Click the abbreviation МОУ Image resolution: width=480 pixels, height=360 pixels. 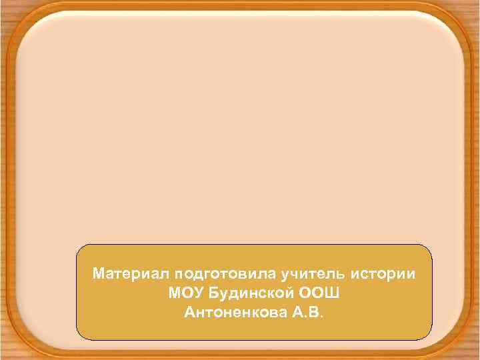click(185, 293)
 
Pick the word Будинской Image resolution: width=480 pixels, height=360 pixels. click(250, 293)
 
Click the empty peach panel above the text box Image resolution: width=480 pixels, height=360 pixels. click(240, 133)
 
